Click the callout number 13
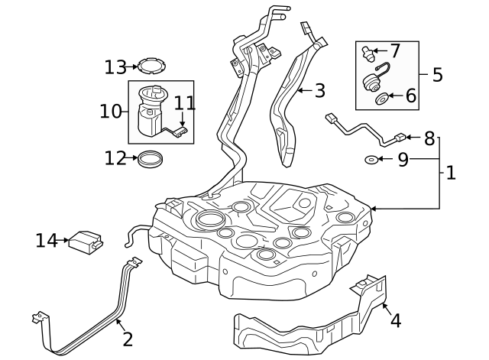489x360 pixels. pos(115,67)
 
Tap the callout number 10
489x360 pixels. pos(110,112)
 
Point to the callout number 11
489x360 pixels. pos(184,102)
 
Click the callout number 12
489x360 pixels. pos(115,158)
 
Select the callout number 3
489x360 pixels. pos(319,91)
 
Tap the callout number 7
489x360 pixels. pos(394,51)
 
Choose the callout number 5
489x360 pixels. pos(437,74)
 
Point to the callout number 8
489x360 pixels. pos(429,138)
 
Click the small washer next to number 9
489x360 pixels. pos(371,160)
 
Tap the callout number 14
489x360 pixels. pos(46,241)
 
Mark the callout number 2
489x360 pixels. pos(127,339)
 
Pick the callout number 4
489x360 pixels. pos(395,320)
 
